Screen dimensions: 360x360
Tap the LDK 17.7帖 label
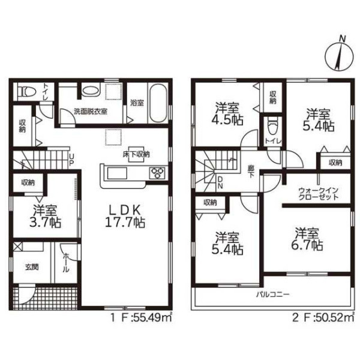click(125, 216)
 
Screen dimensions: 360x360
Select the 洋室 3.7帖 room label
click(46, 216)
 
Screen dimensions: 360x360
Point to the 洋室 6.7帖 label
click(307, 239)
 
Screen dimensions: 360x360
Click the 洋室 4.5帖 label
click(227, 113)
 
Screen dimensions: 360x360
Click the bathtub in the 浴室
click(158, 104)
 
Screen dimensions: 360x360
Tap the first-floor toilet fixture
click(27, 91)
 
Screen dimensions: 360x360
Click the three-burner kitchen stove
click(157, 173)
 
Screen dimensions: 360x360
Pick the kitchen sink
click(116, 173)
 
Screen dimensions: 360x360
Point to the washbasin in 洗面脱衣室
click(91, 90)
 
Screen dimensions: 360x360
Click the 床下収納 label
click(136, 154)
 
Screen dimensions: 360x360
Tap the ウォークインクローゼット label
click(318, 194)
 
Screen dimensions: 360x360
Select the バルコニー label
click(273, 294)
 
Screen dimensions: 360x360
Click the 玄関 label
click(32, 267)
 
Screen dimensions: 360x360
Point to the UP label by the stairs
click(71, 160)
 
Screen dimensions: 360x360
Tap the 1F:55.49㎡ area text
click(141, 318)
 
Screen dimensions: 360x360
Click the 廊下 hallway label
click(251, 172)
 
